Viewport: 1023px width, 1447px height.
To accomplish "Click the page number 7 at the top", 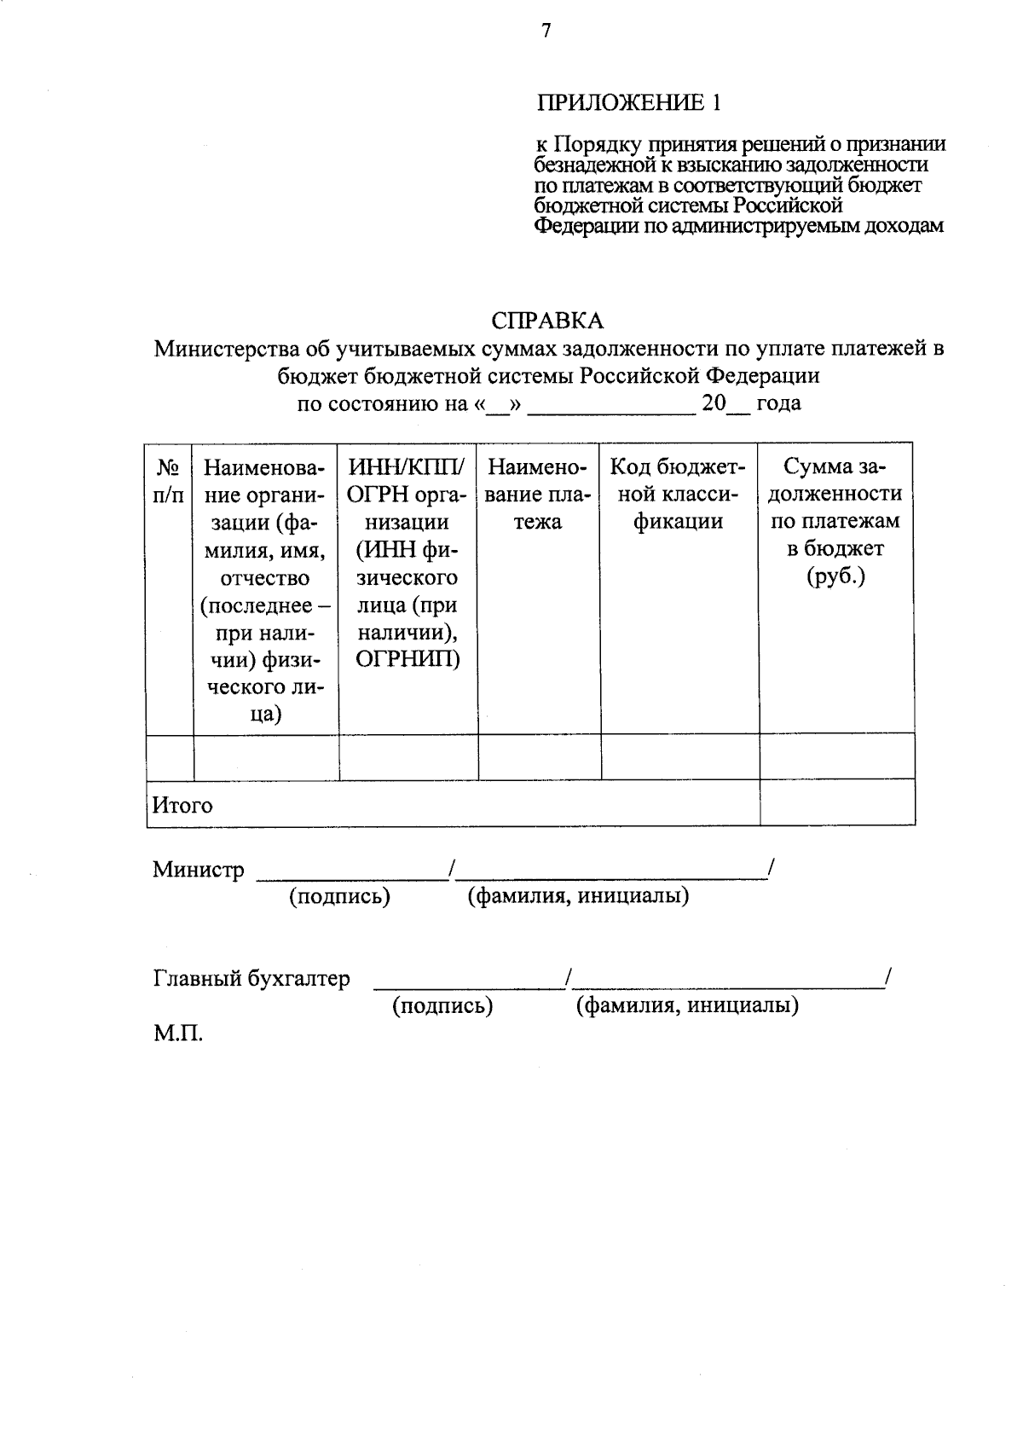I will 546,32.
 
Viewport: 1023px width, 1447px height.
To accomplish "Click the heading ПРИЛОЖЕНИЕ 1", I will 628,103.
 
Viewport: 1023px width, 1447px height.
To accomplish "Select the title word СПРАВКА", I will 547,321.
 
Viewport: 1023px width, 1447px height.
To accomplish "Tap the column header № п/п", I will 169,480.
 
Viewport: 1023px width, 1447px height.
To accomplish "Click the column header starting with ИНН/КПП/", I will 407,563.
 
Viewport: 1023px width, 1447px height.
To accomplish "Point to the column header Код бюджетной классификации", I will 679,494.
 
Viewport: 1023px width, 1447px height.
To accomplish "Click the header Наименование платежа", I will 538,494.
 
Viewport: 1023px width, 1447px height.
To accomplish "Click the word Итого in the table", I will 182,805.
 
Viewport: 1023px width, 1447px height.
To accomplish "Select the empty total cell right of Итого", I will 836,803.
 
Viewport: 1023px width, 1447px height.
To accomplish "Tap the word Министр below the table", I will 198,870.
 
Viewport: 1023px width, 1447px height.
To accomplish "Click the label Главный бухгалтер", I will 251,978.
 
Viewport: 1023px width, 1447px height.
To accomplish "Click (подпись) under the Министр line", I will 339,897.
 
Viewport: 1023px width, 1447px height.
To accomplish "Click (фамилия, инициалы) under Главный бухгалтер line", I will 687,1006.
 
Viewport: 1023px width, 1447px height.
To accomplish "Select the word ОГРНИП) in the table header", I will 407,659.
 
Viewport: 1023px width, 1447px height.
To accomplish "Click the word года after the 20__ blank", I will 778,402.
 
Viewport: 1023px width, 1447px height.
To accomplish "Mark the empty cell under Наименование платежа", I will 539,756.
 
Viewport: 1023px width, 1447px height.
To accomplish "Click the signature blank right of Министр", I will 352,871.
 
